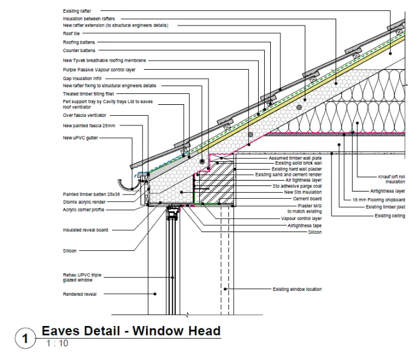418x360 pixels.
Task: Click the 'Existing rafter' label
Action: click(76, 11)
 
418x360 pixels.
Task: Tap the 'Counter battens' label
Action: click(79, 50)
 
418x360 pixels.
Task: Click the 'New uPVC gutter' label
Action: click(80, 138)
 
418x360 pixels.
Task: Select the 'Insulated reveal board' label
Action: click(85, 230)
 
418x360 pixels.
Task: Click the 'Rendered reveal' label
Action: click(80, 294)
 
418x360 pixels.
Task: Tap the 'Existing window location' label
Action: click(297, 289)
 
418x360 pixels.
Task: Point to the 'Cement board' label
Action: click(307, 198)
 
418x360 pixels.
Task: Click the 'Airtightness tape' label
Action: click(305, 225)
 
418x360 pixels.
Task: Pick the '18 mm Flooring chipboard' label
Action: click(379, 199)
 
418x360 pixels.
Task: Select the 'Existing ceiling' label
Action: click(390, 216)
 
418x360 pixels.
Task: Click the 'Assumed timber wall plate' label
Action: click(295, 158)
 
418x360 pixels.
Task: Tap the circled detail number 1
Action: click(25, 338)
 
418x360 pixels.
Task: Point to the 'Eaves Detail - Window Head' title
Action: click(131, 331)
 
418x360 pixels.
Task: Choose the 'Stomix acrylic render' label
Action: click(86, 202)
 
